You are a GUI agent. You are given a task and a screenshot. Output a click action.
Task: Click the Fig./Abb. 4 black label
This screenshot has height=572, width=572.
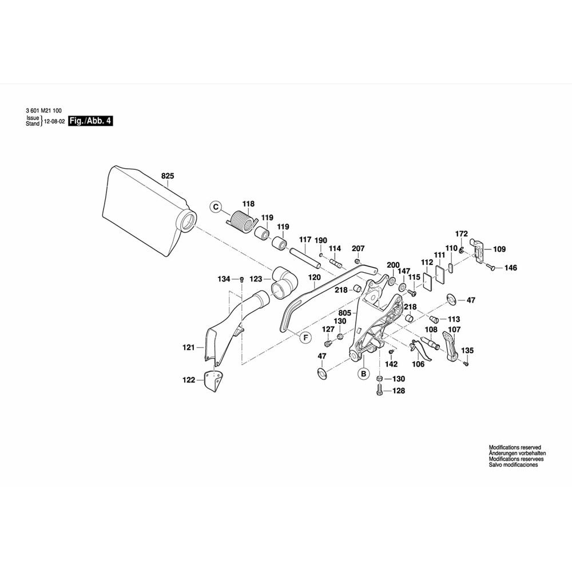click(x=90, y=121)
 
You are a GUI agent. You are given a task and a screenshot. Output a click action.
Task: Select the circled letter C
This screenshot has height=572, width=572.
click(x=216, y=206)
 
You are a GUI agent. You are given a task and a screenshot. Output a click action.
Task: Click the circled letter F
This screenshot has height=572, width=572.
click(x=305, y=337)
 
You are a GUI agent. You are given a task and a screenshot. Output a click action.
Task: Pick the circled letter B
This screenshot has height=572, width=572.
click(x=363, y=375)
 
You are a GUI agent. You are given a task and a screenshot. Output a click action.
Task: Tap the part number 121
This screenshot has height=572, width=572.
click(x=189, y=347)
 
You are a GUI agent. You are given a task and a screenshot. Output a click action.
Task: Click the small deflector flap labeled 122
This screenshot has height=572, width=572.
click(x=214, y=382)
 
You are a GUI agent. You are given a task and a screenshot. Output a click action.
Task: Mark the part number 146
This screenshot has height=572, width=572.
click(x=510, y=268)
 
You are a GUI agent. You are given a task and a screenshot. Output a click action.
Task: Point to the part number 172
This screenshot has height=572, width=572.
click(x=462, y=233)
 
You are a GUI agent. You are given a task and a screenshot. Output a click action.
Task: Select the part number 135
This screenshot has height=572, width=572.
click(x=467, y=351)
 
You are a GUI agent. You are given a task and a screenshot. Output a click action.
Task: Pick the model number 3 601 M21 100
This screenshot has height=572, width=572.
click(x=44, y=110)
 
